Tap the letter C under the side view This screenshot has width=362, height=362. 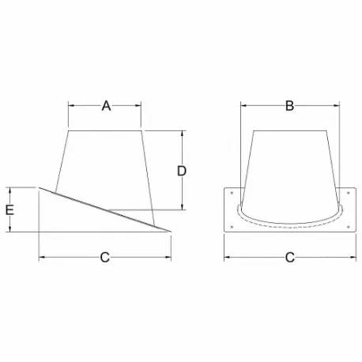pos(104,257)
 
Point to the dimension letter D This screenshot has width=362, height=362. pos(181,170)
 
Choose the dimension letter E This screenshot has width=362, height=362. pos(10,209)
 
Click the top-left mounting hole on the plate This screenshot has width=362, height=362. pos(230,192)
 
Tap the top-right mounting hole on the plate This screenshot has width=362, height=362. pos(348,192)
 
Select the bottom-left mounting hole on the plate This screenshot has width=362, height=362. pos(230,227)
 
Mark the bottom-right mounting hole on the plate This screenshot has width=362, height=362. pos(348,227)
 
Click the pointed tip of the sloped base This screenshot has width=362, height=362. pos(172,232)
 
